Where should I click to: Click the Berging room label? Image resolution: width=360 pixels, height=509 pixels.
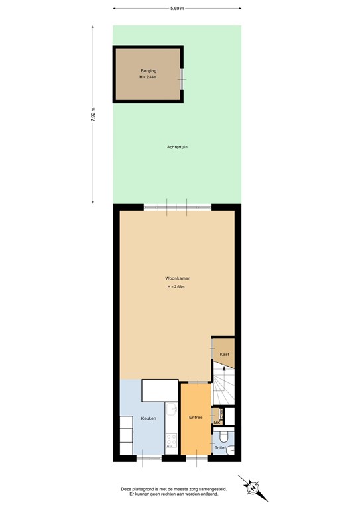click(x=147, y=70)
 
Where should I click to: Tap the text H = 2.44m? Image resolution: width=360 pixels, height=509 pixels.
click(x=147, y=77)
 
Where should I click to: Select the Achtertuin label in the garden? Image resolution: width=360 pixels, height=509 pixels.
click(x=177, y=146)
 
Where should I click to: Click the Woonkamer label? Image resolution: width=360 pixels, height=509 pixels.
click(x=177, y=279)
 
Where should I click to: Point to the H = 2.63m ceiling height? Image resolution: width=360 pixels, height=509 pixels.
click(x=177, y=287)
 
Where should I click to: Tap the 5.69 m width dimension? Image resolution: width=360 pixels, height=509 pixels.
click(x=177, y=9)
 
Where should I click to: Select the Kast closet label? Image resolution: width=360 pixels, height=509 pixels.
click(x=224, y=355)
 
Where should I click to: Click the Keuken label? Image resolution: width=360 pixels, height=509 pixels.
click(x=149, y=418)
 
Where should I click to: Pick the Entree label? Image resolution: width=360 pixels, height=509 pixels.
click(x=196, y=418)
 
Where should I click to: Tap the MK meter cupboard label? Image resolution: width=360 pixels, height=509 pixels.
click(x=217, y=422)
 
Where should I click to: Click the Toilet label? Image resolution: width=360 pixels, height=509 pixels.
click(x=220, y=448)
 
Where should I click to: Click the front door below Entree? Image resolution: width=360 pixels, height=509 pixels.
click(x=196, y=457)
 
